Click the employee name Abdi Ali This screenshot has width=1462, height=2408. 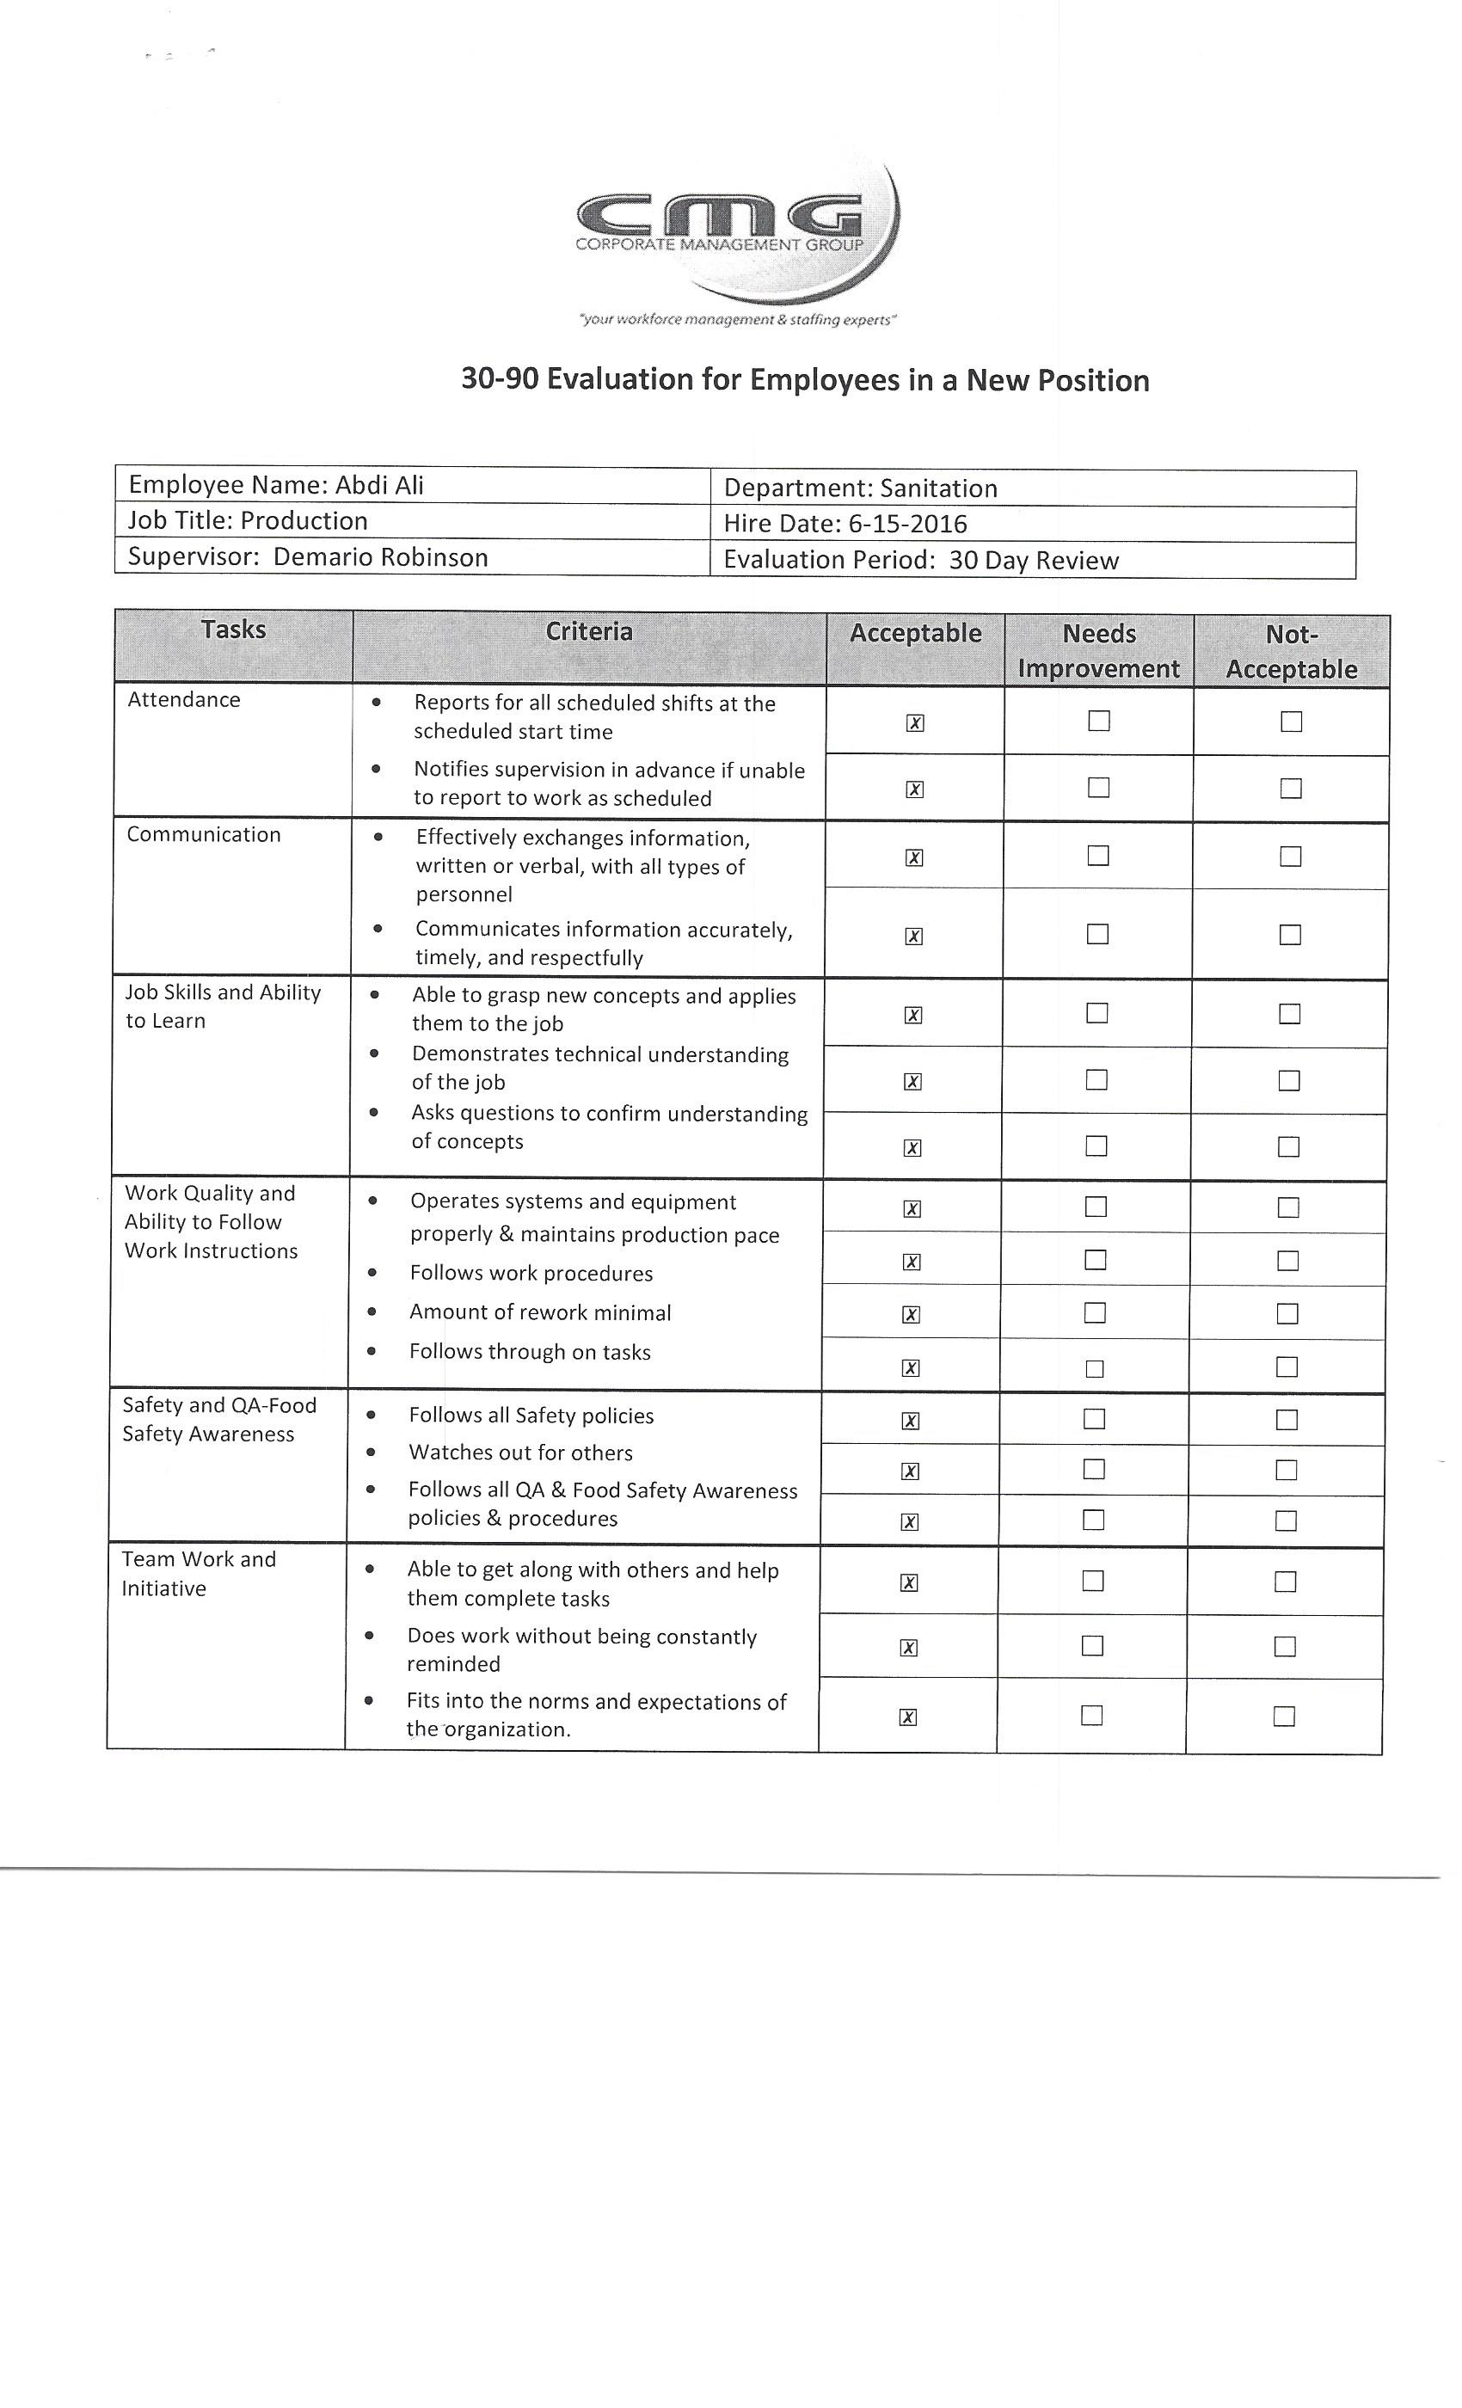(x=379, y=485)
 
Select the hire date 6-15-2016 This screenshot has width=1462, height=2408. (x=907, y=524)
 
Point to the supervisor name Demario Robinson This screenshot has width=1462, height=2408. (x=380, y=557)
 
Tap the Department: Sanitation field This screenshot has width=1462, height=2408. (x=860, y=488)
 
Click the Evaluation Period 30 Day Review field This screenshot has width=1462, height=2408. (x=920, y=560)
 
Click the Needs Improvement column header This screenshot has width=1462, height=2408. (x=1098, y=651)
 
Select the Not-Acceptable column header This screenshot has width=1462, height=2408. (x=1291, y=652)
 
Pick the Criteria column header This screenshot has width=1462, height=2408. (x=588, y=631)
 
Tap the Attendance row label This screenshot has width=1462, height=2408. (x=184, y=700)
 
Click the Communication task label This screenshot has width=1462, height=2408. (x=203, y=834)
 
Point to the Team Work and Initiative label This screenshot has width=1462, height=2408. (x=199, y=1574)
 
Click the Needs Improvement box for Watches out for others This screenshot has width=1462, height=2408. (x=1094, y=1469)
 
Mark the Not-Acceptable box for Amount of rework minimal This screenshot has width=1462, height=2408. (x=1287, y=1313)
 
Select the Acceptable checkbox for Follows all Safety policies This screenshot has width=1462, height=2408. (x=910, y=1421)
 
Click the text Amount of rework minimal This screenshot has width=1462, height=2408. (x=539, y=1312)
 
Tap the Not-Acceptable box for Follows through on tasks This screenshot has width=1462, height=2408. (x=1287, y=1367)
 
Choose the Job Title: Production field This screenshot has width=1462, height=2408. (x=249, y=521)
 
